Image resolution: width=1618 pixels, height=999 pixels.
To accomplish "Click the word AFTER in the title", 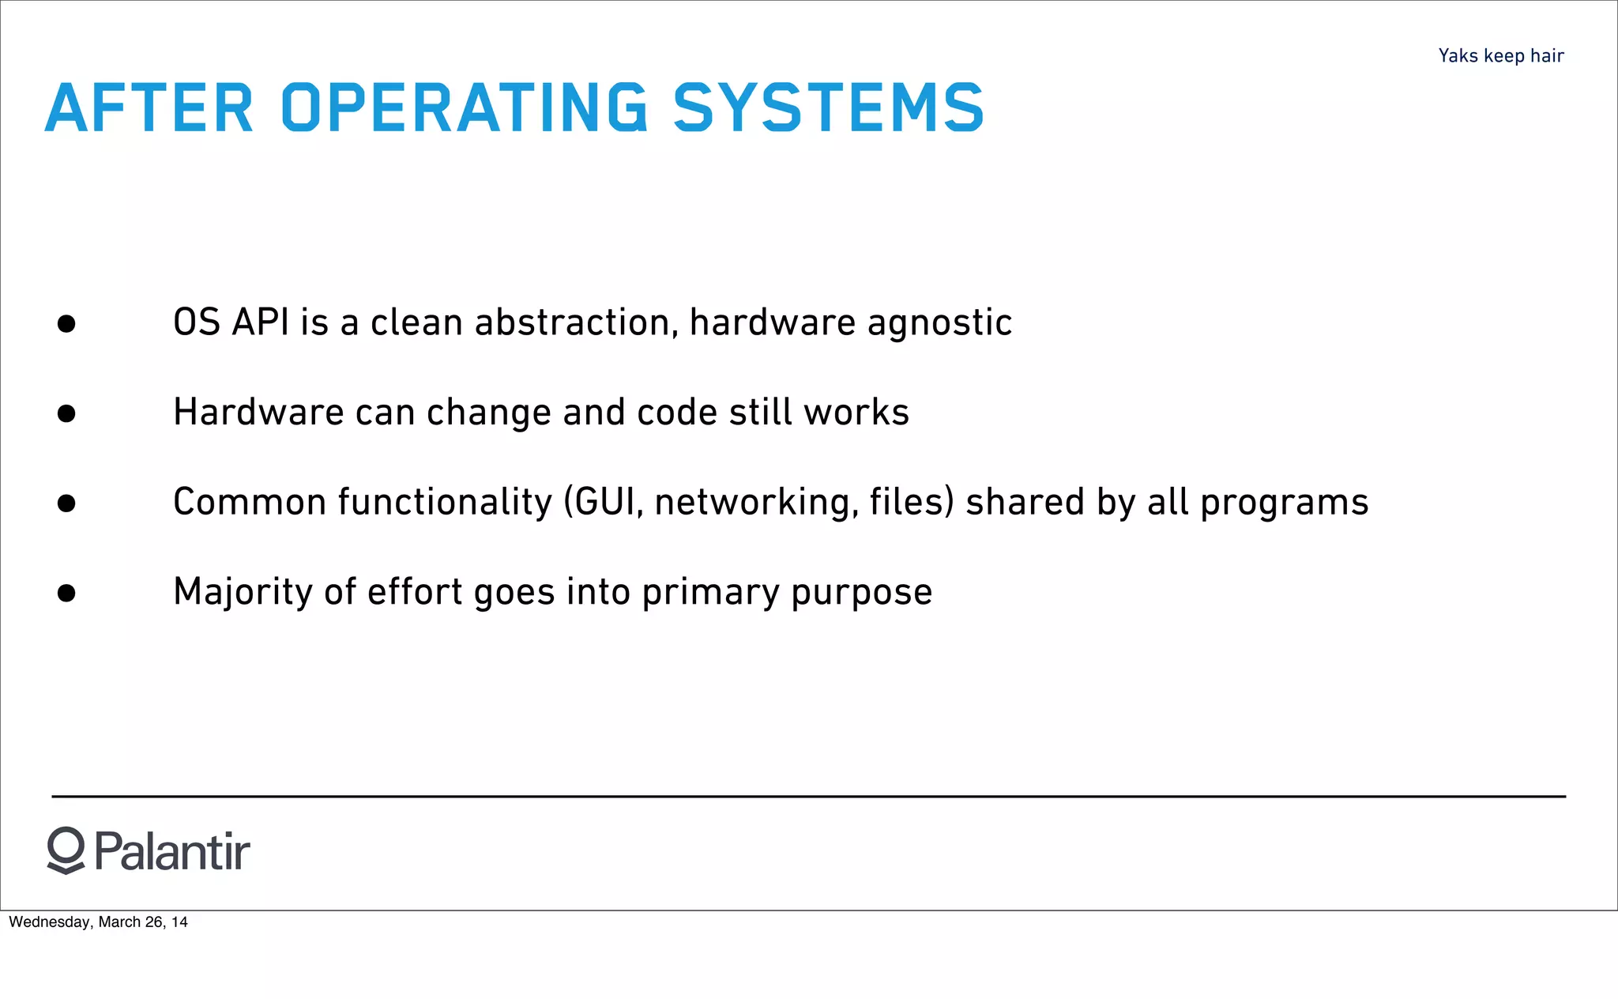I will [x=149, y=107].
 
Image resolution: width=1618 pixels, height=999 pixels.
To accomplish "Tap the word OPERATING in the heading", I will [x=465, y=107].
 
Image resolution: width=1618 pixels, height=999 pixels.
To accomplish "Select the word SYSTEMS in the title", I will [x=828, y=107].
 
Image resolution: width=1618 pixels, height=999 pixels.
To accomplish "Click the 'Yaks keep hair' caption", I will [x=1500, y=56].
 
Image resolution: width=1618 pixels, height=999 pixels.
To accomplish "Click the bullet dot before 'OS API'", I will [x=66, y=323].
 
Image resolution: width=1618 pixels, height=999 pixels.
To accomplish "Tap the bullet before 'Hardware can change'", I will [x=66, y=413].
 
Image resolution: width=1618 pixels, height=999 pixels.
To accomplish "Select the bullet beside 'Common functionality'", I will [x=66, y=503].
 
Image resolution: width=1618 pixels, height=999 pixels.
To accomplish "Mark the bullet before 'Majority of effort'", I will [x=66, y=593].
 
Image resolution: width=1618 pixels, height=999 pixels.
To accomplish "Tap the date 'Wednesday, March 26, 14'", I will [x=98, y=922].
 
